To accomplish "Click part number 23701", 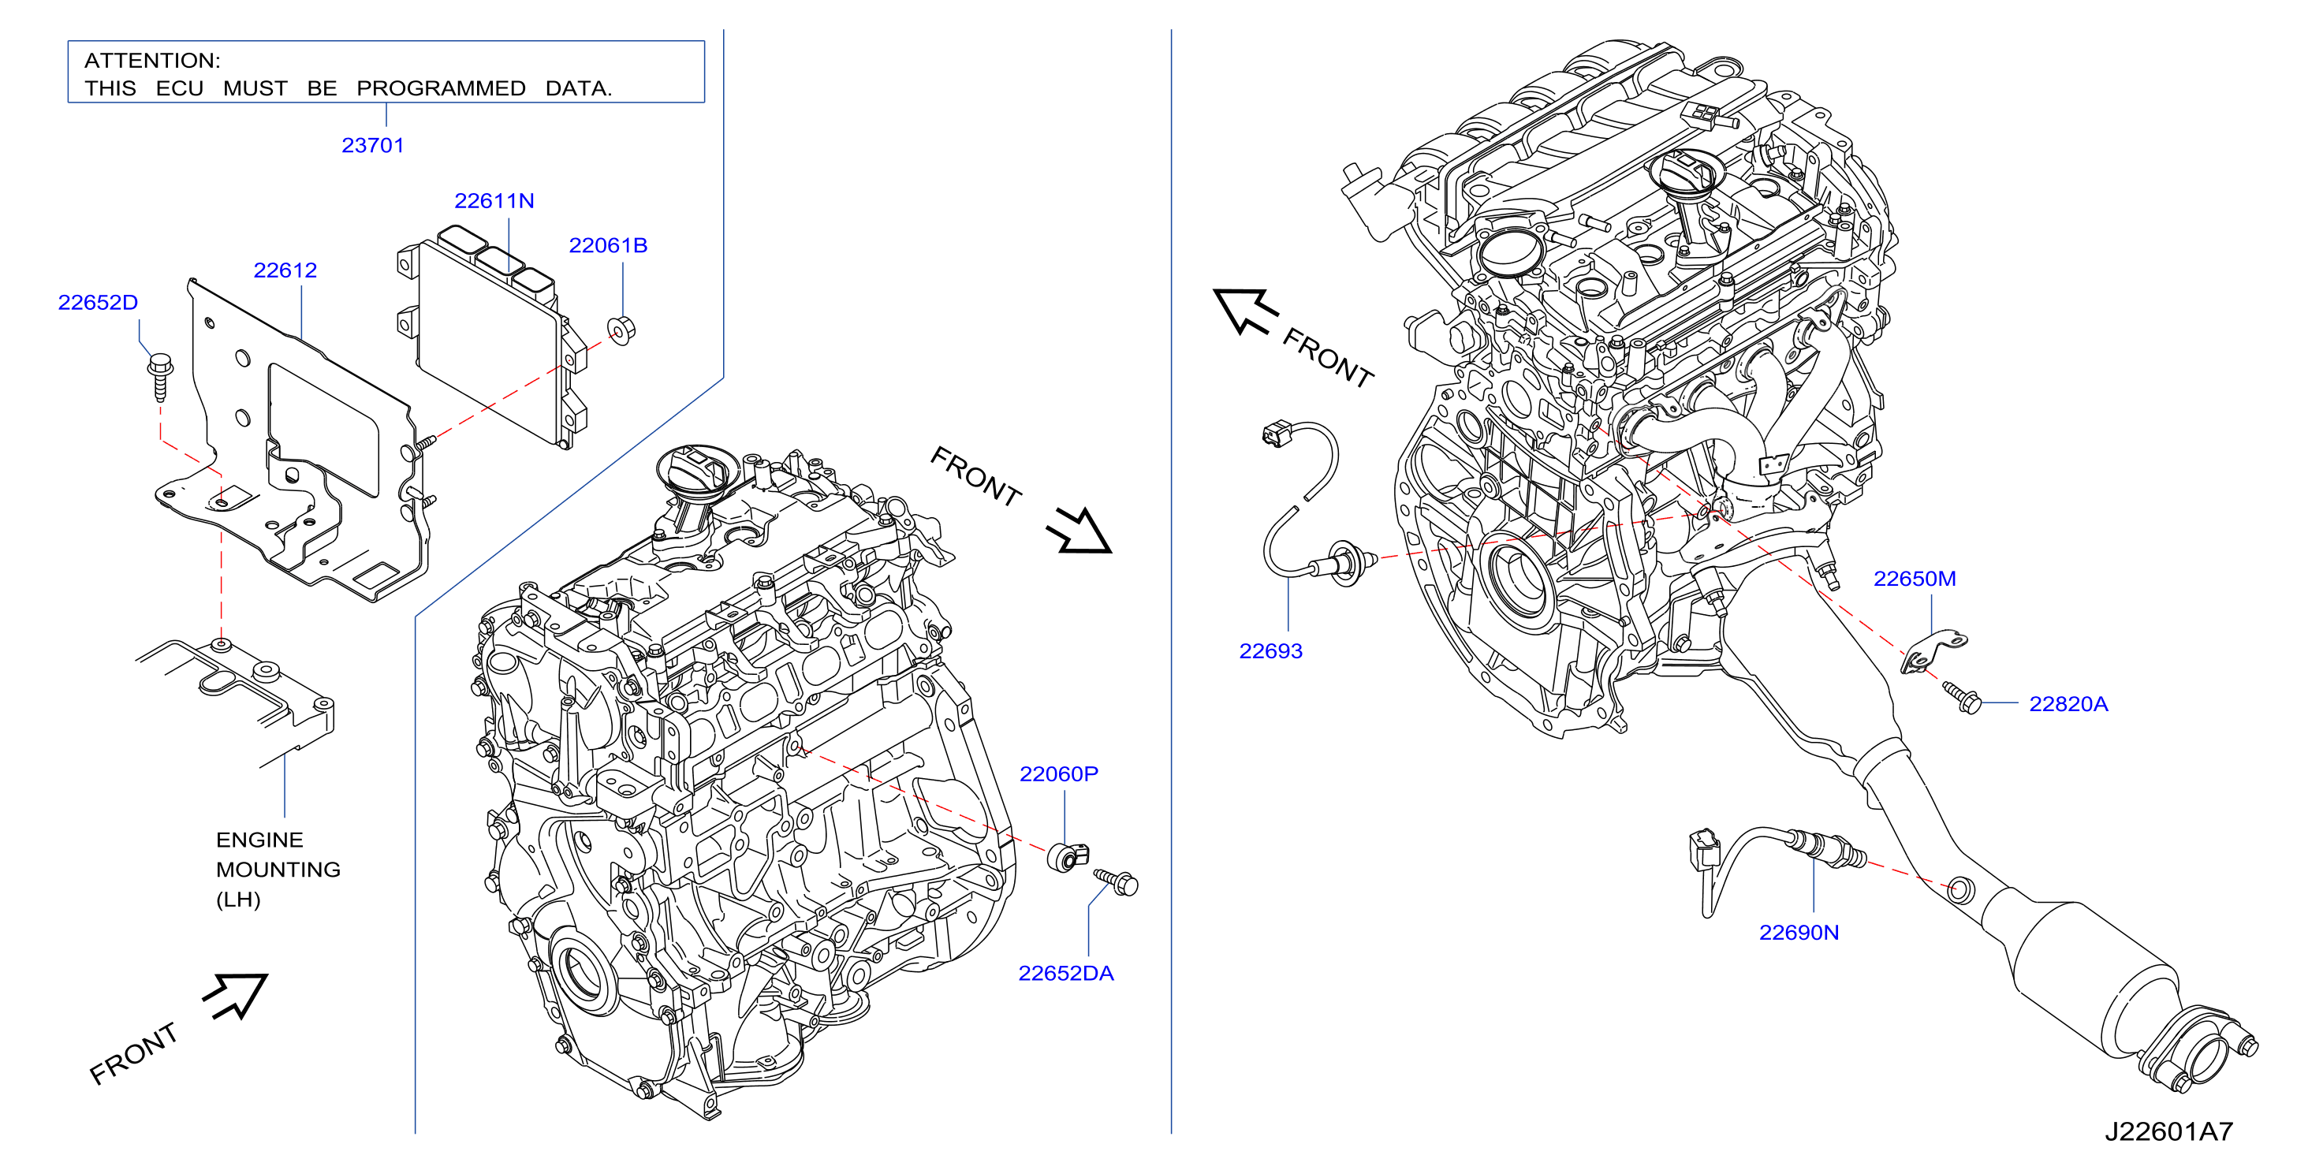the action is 372,145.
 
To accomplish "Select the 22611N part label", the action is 494,201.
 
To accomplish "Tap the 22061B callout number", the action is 608,245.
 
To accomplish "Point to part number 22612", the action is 285,270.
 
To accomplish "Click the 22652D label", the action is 99,303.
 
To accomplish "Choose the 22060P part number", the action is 1059,774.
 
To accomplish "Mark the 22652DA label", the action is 1066,974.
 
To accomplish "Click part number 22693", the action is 1270,650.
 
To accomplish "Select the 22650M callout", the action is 1915,579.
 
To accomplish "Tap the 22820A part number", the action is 2068,704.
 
